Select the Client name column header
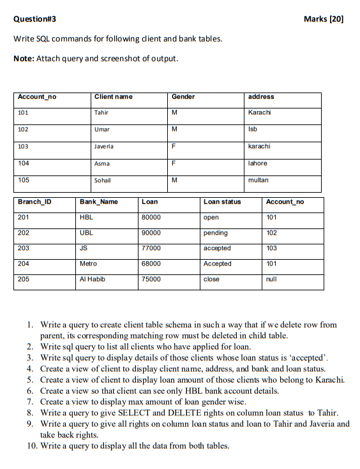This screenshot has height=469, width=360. coord(114,96)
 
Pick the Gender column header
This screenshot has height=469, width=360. coord(183,96)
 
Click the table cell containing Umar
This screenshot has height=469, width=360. coord(102,130)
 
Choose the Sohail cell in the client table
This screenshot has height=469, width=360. coord(103,180)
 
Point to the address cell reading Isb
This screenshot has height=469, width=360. coord(253,130)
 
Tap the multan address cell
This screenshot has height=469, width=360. coord(258,180)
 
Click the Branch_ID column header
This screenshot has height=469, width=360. coord(34,202)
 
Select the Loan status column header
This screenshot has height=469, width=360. coord(222,202)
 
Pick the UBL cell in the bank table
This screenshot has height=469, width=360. coord(86,233)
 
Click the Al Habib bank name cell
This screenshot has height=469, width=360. coord(92,279)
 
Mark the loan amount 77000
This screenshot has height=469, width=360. coord(151,248)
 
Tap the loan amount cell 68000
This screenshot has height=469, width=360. coord(151,264)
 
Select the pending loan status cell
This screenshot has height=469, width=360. coord(215,233)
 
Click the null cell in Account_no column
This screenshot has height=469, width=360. coord(272,279)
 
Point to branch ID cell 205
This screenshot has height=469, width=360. coord(24,279)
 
